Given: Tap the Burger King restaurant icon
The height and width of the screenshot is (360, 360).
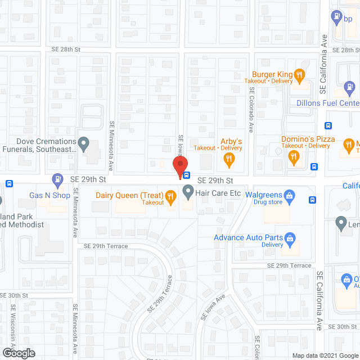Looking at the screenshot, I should (x=300, y=74).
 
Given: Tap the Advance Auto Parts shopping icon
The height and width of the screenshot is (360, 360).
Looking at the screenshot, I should (x=290, y=238).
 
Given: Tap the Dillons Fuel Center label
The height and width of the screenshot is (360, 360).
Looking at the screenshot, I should (x=327, y=103).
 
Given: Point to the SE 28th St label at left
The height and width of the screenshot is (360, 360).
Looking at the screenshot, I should (x=64, y=49).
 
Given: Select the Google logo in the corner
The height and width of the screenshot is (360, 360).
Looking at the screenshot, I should (x=18, y=353).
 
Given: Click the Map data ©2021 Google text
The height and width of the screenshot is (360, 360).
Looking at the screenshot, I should (x=325, y=355).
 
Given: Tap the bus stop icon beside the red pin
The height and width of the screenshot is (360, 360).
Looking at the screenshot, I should (x=187, y=175).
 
